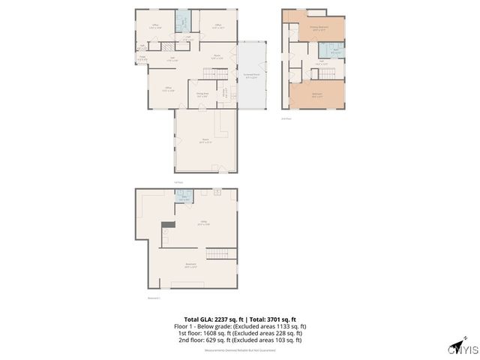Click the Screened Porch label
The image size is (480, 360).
251,76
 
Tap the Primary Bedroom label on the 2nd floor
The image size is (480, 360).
319,28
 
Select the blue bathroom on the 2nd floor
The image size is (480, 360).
331,50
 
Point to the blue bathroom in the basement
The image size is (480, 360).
184,197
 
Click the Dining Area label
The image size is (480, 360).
202,95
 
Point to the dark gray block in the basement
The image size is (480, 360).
168,224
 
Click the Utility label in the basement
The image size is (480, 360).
202,223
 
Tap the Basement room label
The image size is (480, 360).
191,265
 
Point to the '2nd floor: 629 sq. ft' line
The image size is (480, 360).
240,340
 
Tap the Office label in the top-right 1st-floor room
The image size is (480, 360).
218,25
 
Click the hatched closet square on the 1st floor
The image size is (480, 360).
167,46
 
